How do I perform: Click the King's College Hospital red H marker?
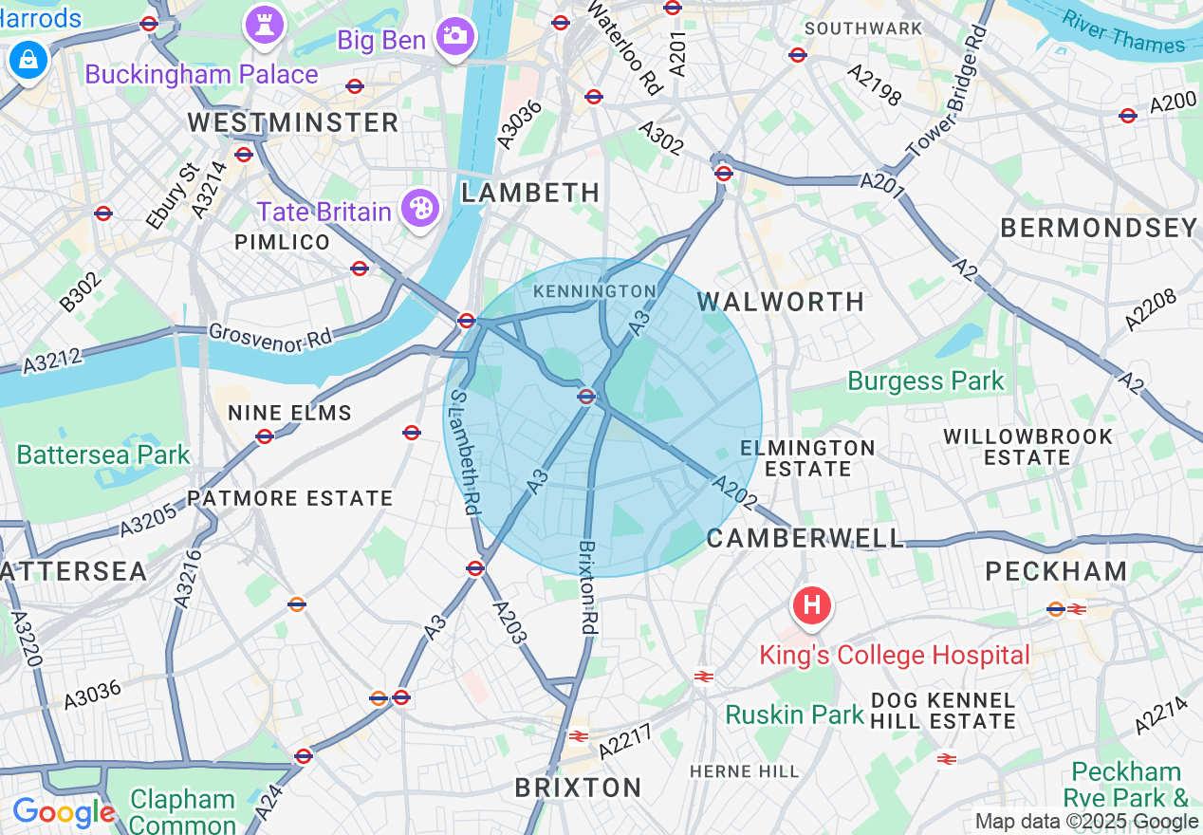[x=812, y=605]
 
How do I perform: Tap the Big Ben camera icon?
[x=455, y=36]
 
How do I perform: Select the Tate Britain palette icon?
[x=419, y=209]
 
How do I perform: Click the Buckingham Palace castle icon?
[x=265, y=25]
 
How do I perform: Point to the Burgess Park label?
[x=925, y=381]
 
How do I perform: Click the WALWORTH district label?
[x=781, y=302]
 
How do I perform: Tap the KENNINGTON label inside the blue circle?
[x=595, y=291]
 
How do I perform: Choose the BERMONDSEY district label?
[x=1099, y=228]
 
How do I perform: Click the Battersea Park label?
[x=103, y=455]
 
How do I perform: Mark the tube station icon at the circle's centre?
[x=586, y=397]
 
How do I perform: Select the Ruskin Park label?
[x=795, y=714]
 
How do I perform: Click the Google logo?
[x=64, y=813]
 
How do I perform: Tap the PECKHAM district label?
[x=1056, y=571]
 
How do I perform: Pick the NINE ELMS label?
[x=289, y=413]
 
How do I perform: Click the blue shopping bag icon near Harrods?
[x=29, y=60]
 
